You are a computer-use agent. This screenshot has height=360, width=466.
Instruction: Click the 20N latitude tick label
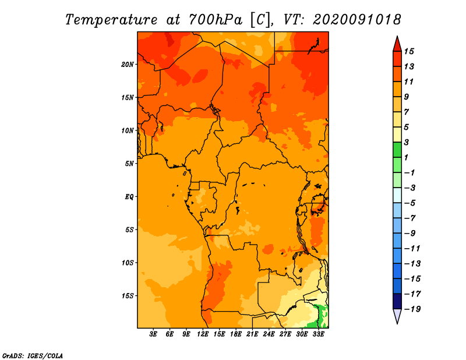click(127, 65)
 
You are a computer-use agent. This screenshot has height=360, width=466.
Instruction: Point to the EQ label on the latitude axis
click(129, 197)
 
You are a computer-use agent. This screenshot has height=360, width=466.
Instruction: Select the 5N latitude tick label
click(129, 164)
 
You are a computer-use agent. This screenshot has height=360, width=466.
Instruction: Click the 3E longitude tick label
click(153, 334)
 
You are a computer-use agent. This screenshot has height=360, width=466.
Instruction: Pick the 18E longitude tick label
click(236, 334)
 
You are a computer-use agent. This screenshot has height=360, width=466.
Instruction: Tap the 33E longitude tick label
click(318, 334)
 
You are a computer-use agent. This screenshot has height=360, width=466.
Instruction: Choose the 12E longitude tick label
click(203, 334)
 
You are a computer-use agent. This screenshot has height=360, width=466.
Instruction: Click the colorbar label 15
click(409, 51)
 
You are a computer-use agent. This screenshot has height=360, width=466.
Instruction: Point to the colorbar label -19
click(412, 309)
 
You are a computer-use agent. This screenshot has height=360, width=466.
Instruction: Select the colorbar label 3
click(406, 142)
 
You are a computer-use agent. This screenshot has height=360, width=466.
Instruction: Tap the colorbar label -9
click(410, 234)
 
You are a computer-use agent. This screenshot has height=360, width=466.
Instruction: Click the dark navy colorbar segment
click(397, 301)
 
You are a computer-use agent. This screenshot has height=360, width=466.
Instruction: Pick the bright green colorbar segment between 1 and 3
click(397, 150)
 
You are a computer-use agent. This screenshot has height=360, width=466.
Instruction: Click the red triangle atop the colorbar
click(397, 44)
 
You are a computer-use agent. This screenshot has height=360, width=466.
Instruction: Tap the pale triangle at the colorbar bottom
click(397, 316)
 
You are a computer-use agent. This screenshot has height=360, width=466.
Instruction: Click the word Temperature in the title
click(111, 20)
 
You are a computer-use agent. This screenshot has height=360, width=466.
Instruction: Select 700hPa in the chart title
click(216, 20)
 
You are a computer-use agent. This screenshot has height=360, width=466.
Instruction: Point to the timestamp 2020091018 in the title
click(357, 20)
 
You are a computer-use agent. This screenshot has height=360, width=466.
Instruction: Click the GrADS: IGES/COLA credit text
click(33, 356)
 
